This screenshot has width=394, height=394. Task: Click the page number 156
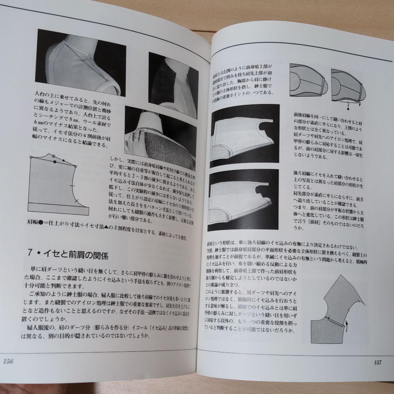(x=8, y=362)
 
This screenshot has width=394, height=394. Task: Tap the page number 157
(x=377, y=363)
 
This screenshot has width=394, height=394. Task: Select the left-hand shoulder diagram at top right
(x=308, y=81)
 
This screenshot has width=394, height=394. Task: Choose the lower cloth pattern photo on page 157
(x=243, y=200)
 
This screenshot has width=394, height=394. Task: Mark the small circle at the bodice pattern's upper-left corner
(x=31, y=157)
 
